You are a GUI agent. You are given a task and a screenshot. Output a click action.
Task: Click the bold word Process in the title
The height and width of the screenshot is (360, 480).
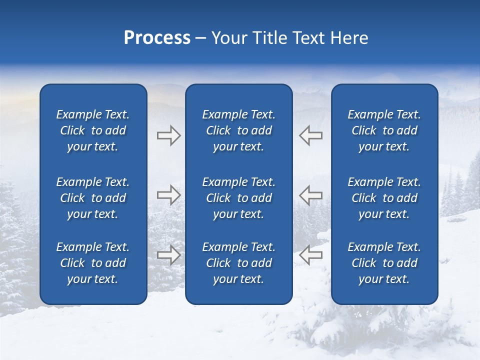157,38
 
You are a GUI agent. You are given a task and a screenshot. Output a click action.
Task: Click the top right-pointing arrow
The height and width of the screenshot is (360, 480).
168,135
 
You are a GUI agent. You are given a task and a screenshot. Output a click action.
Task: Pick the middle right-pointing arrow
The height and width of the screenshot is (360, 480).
168,195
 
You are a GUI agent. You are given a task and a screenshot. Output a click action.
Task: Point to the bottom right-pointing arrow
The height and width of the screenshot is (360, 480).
168,255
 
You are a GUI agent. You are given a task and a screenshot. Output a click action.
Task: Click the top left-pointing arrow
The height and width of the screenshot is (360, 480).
310,135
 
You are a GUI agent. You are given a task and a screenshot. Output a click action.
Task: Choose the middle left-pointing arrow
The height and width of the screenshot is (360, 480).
310,195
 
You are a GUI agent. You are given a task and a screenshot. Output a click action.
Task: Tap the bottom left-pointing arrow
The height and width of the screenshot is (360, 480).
310,255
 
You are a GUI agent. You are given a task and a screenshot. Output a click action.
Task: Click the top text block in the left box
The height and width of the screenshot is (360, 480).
93,130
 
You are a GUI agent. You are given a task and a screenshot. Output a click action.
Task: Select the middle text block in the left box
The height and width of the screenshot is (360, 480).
93,198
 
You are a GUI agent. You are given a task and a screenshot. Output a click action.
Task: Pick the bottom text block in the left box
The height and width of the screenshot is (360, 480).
93,263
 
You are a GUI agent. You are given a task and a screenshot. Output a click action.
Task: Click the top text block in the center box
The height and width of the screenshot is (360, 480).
239,130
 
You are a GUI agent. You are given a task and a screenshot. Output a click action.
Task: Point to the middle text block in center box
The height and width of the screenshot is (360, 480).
239,198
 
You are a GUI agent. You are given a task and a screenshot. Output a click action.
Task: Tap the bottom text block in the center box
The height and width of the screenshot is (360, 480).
239,263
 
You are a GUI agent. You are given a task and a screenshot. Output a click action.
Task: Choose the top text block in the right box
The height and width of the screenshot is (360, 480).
384,130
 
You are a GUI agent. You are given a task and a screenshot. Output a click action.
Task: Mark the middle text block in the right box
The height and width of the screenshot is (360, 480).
384,198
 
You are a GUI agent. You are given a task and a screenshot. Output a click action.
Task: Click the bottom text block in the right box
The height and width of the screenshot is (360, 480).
384,263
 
